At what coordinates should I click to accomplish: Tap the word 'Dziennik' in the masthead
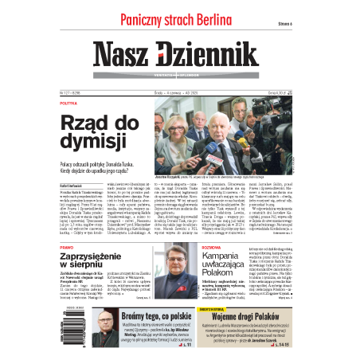(x=212, y=55)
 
